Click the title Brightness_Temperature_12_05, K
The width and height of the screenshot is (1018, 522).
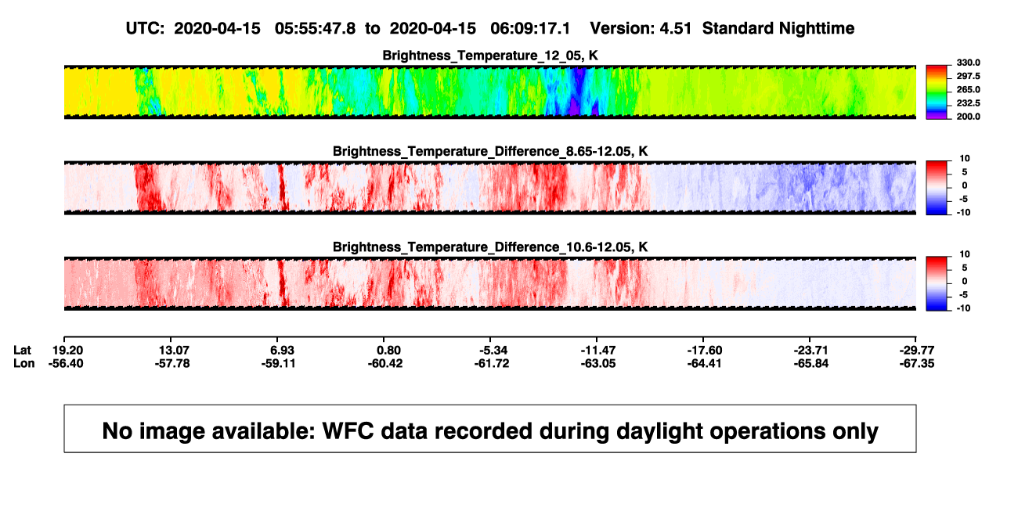click(490, 56)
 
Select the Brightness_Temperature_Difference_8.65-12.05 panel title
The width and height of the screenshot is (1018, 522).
click(490, 151)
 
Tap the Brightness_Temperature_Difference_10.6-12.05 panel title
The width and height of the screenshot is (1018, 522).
click(490, 247)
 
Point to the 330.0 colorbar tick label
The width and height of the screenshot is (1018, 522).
click(968, 63)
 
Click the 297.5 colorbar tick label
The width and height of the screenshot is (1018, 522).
click(968, 76)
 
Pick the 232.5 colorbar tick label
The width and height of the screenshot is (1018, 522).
click(968, 103)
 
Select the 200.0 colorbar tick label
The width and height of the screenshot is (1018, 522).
click(968, 117)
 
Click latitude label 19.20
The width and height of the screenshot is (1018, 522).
click(67, 351)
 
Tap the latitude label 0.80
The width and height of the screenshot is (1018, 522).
click(388, 351)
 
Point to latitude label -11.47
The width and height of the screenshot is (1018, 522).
click(598, 351)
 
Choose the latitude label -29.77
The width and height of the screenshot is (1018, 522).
click(917, 351)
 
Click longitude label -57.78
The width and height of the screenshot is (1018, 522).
click(172, 363)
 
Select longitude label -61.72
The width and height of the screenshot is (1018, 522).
click(492, 363)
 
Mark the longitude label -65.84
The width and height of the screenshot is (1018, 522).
click(811, 363)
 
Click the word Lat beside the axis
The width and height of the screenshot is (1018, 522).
click(22, 351)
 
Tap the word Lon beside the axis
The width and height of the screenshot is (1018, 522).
click(24, 363)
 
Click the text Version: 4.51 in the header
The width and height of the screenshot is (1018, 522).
click(641, 28)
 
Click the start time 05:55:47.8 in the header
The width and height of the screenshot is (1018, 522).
click(315, 28)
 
